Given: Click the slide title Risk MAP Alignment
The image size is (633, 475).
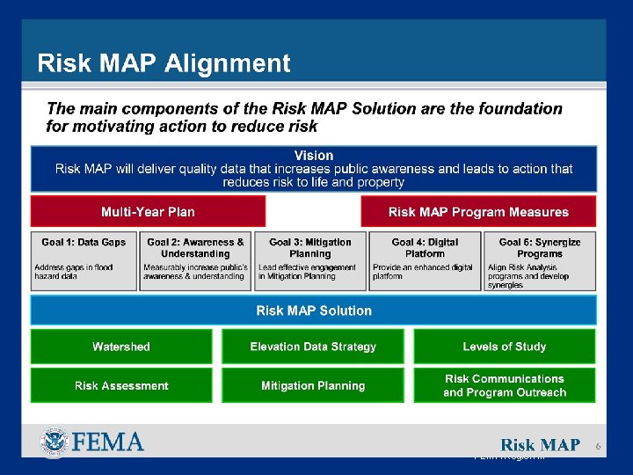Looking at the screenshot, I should click(x=164, y=63).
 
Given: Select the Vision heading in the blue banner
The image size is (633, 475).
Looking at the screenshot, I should click(x=314, y=156).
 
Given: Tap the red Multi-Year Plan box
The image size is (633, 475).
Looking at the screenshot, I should click(x=148, y=212).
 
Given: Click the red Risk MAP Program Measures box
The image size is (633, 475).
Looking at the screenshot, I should click(x=478, y=212).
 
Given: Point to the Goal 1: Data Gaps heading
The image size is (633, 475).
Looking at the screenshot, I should click(x=84, y=243).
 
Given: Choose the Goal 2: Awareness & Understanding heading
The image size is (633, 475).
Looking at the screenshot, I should click(x=195, y=248).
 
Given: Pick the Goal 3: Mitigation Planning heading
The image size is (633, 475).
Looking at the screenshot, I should click(x=309, y=248).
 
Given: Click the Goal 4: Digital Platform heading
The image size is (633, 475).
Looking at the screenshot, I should click(x=425, y=248).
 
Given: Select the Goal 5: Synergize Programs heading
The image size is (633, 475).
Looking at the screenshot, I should click(x=539, y=248).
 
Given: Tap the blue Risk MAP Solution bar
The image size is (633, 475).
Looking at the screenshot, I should click(x=314, y=311).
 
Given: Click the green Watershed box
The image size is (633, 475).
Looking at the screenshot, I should click(x=121, y=347).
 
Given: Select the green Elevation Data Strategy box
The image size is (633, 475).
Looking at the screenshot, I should click(x=313, y=347).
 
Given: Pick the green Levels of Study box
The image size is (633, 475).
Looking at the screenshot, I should click(x=505, y=347).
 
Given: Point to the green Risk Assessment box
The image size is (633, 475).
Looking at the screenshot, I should click(x=121, y=385).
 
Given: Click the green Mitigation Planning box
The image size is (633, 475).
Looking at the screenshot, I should click(x=313, y=385).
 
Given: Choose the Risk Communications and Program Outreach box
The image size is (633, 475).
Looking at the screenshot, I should click(x=505, y=385).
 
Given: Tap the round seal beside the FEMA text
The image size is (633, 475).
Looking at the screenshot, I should click(x=54, y=442).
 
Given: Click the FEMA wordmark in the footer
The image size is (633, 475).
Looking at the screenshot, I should click(x=107, y=442).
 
